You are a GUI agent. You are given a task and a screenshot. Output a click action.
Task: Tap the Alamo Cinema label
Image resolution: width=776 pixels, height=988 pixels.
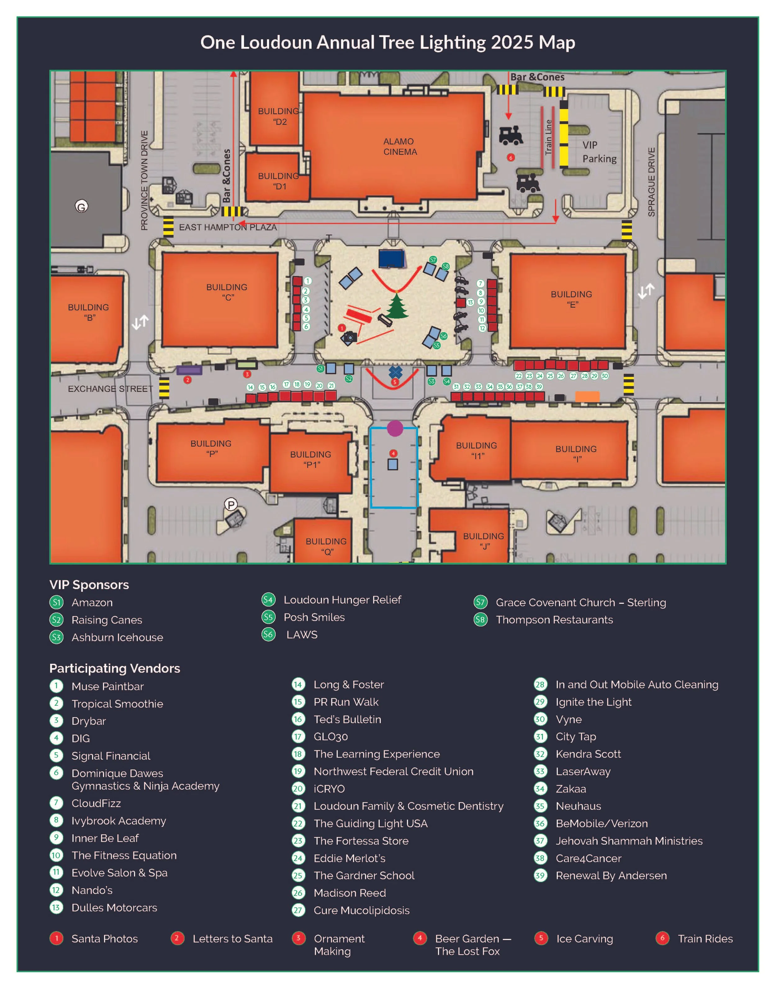(x=400, y=146)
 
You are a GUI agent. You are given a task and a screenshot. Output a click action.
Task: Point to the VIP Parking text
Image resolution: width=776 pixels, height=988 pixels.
(x=599, y=152)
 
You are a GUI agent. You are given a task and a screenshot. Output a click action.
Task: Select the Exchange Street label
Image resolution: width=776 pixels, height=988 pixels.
(x=111, y=389)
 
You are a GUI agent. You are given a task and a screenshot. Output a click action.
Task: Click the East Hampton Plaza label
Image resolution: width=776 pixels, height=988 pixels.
(x=228, y=227)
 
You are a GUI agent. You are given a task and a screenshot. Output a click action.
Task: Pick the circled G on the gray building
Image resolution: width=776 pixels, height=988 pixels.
(x=81, y=207)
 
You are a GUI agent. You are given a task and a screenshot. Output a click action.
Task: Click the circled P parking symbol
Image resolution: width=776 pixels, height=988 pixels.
(x=231, y=505)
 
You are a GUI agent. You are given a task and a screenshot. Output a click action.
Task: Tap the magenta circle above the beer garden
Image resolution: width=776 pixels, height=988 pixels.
(x=395, y=428)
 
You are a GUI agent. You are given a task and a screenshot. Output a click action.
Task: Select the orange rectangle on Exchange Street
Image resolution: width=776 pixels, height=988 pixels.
(x=587, y=396)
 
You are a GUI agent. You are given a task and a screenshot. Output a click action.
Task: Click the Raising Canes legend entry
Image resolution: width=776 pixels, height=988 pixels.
(x=107, y=620)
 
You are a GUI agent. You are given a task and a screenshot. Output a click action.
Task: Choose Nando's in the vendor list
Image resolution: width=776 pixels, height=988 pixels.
(x=92, y=890)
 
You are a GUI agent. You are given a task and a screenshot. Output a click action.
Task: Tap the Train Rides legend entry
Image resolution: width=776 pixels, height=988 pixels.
(x=705, y=938)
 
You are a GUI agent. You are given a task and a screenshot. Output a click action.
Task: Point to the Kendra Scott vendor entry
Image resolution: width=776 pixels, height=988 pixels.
(x=588, y=754)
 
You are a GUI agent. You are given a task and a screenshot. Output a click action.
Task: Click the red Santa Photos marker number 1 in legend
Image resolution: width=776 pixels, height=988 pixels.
(x=56, y=938)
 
